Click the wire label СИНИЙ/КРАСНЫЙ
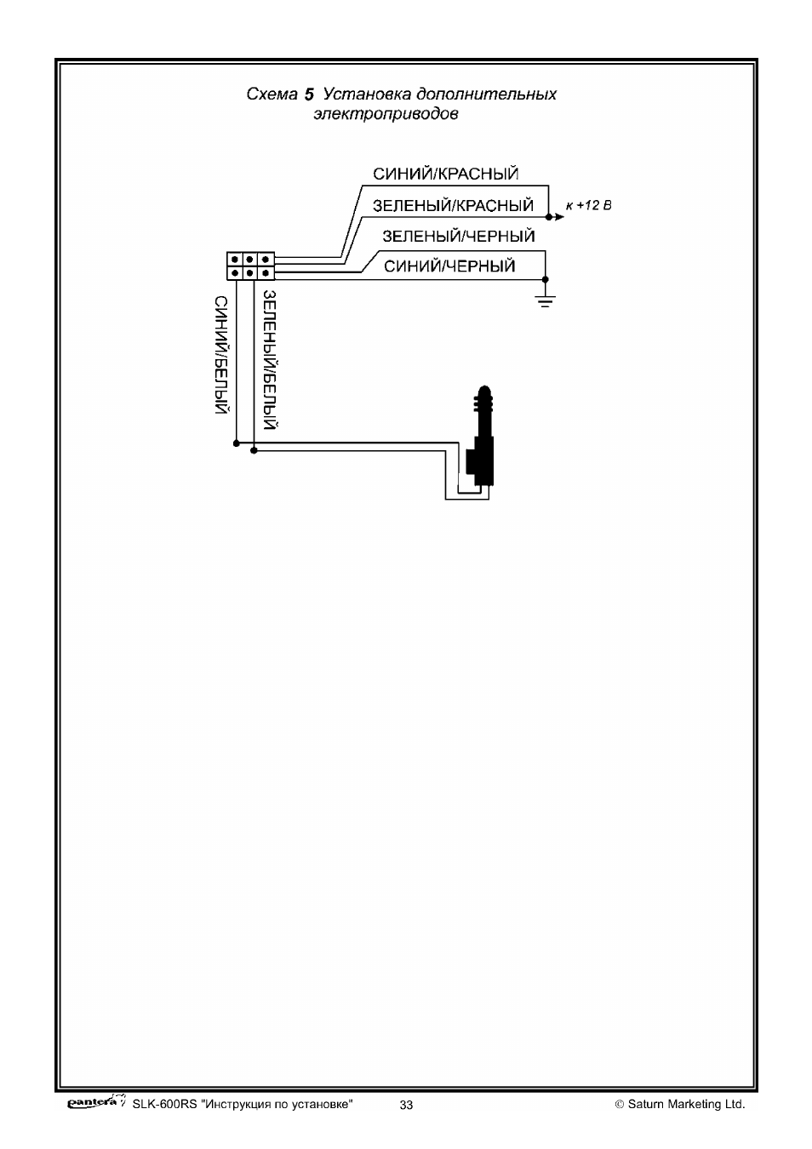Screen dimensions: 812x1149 tap(445, 174)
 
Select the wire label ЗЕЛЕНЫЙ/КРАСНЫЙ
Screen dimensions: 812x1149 tap(453, 205)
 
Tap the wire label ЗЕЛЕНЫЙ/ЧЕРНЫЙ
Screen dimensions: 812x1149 tap(459, 236)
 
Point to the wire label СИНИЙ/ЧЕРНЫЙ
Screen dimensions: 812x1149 tap(449, 266)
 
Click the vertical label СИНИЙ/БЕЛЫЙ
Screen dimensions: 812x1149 tap(221, 354)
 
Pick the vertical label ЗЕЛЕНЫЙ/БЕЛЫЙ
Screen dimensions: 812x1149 tap(270, 360)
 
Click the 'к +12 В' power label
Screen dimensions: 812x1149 tap(588, 206)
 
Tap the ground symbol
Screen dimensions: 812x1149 tap(545, 300)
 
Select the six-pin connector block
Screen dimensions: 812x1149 tap(250, 266)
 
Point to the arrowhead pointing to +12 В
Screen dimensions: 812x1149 tap(559, 217)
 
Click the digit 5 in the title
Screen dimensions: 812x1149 tap(309, 94)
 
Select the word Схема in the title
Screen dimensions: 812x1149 tap(272, 94)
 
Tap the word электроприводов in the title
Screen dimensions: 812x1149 tap(386, 113)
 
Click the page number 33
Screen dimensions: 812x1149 tap(406, 1105)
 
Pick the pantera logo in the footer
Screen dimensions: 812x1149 tap(96, 1101)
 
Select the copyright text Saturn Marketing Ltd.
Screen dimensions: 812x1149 tap(686, 1104)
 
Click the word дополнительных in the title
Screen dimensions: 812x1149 tap(486, 94)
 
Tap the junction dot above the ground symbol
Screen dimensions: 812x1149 tap(545, 279)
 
